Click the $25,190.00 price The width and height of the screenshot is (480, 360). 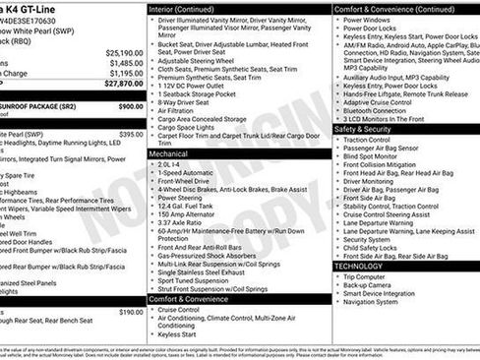pyautogui.click(x=124, y=52)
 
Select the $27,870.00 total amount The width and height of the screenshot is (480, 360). pyautogui.click(x=124, y=84)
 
